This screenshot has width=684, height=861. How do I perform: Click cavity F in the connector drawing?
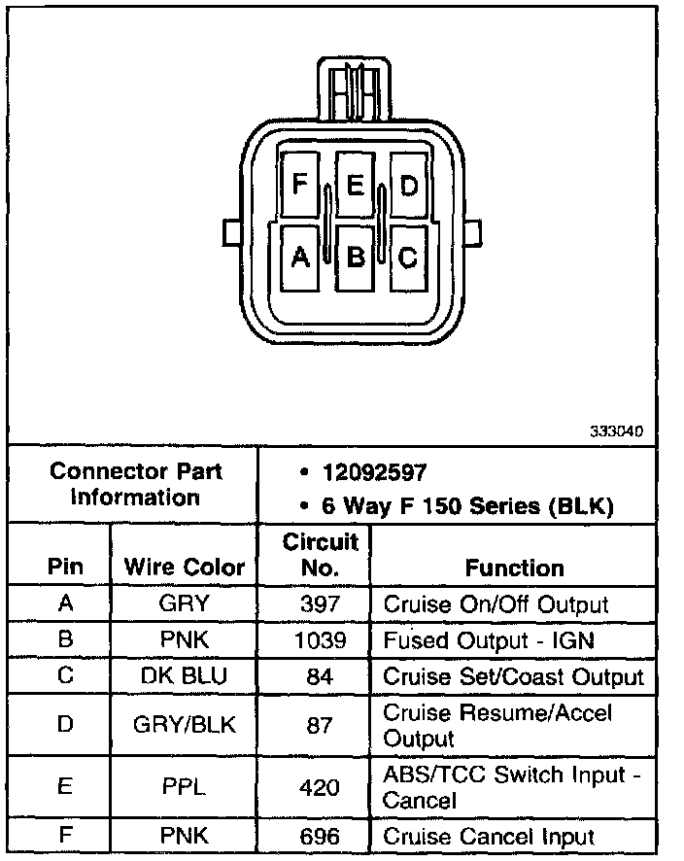(299, 184)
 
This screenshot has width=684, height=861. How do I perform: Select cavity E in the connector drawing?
(355, 184)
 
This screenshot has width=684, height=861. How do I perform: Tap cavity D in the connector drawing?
(409, 184)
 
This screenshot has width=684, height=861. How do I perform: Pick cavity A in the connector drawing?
(299, 257)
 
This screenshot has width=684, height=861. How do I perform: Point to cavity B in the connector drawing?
(355, 257)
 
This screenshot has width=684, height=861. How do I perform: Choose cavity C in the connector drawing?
(409, 257)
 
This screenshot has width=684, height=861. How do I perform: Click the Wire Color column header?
(185, 568)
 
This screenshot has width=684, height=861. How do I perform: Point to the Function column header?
(514, 568)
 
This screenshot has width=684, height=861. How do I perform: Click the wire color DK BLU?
(185, 676)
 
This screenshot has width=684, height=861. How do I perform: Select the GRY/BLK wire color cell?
(185, 725)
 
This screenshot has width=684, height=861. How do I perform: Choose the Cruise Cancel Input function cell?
(489, 836)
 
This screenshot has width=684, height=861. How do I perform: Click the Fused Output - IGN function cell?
(489, 640)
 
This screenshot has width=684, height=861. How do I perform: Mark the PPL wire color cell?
(185, 787)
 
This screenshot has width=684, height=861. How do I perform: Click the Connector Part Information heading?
(135, 484)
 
